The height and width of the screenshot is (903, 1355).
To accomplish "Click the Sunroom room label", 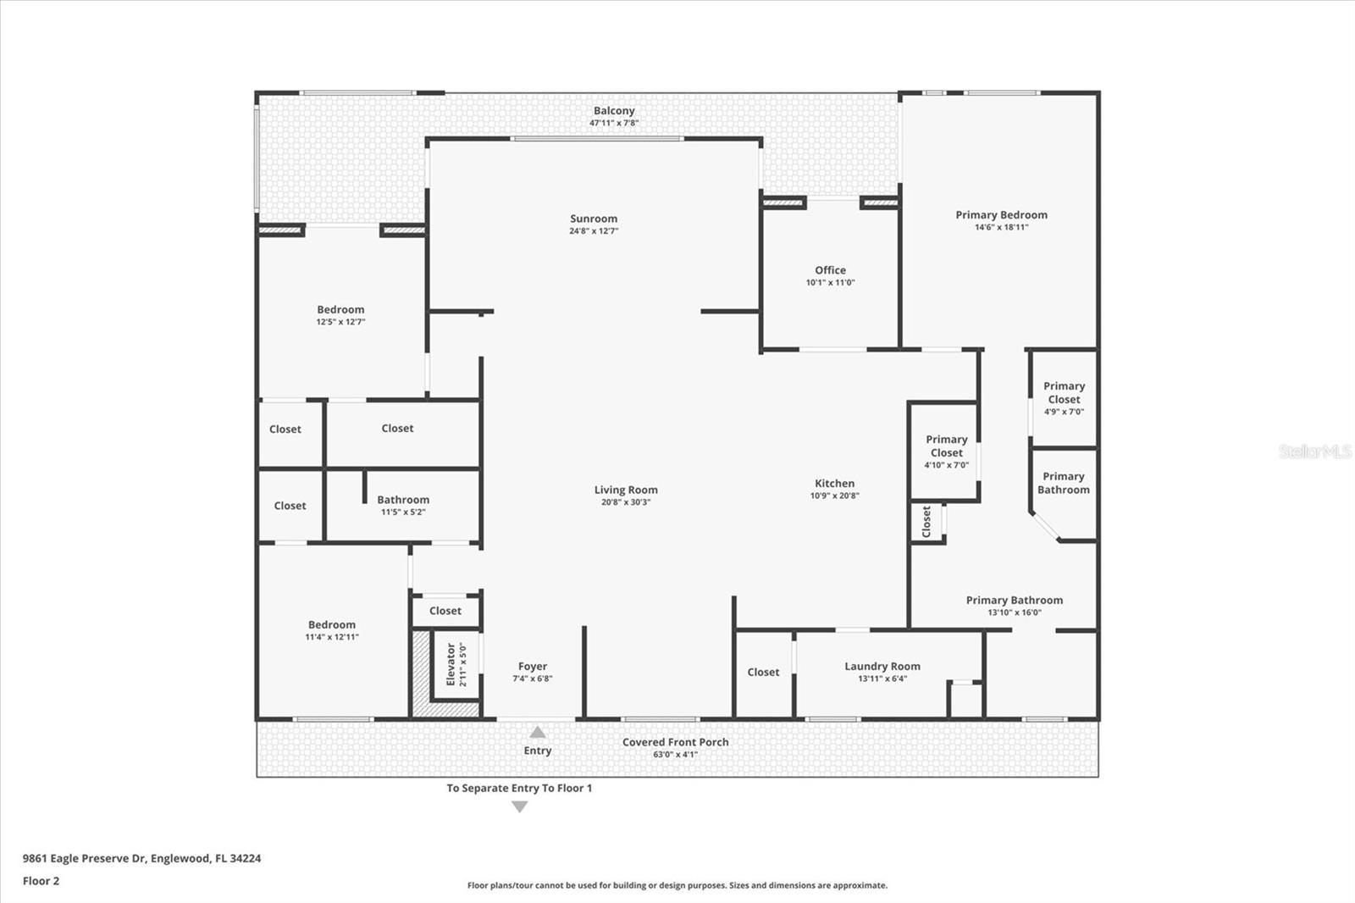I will point(593,219).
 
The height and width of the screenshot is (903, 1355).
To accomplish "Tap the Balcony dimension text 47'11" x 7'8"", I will point(614,124).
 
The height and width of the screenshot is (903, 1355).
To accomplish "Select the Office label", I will point(830,270).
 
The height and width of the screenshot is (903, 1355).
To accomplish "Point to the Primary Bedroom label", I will point(1001,215).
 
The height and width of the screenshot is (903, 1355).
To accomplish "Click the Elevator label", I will point(451,664).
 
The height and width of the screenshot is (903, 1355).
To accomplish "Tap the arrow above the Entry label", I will point(538,732).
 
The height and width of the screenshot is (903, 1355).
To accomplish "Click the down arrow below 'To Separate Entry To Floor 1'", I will point(520,807).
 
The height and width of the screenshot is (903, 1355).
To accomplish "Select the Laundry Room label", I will point(882,667).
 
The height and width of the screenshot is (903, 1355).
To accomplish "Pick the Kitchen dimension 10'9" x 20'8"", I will point(834,496).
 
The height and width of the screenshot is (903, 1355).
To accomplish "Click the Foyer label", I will point(532,667).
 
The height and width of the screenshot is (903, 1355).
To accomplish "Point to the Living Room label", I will point(625,490).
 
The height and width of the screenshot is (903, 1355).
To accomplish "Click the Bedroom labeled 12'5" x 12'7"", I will point(340,310).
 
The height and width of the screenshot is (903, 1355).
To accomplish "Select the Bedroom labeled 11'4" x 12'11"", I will point(331,625).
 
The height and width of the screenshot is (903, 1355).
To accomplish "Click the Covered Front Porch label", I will point(675,742).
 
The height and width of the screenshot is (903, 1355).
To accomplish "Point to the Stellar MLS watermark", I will point(1314,451).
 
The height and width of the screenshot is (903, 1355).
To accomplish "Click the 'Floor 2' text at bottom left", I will point(41,881).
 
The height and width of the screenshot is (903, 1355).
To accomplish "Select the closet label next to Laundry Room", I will point(763,673).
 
